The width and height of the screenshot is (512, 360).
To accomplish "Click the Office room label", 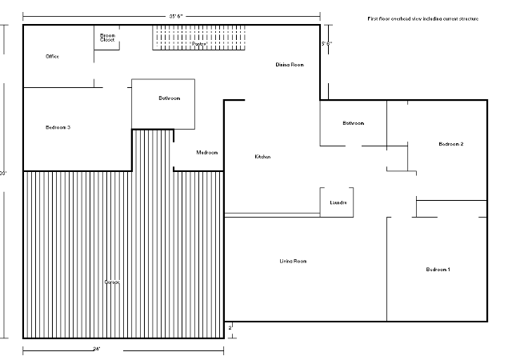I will point(53,57).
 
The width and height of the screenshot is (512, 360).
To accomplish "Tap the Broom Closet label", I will point(107,38).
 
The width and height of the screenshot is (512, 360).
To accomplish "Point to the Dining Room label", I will point(290,64).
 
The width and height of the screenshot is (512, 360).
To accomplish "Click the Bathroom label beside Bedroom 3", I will point(169,98).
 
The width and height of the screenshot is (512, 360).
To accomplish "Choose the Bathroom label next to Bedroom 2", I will point(354,123).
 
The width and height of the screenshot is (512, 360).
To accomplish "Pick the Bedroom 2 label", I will point(451,144).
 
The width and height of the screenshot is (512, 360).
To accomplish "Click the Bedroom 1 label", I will point(438,270).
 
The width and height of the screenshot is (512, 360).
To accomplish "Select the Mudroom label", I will point(207,153).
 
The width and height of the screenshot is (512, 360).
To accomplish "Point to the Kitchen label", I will point(263,157).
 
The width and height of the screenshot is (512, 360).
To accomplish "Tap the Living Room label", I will point(293,262).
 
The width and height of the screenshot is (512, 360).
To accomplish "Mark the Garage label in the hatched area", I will point(112,282).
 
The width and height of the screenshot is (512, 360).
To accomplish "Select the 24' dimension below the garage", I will point(97,349).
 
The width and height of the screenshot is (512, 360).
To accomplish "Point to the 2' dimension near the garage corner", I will point(230,327).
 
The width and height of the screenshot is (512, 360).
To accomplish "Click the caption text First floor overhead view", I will point(422,18).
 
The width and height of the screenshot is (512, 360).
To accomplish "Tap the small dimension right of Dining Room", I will point(326,44).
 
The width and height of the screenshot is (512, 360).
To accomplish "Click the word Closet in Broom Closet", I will point(107,40).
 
